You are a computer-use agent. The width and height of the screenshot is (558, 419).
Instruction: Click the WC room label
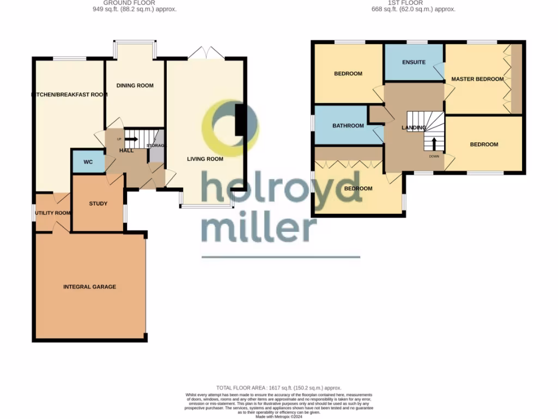click(88, 162)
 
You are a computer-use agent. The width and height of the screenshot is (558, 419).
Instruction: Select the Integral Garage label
click(90, 286)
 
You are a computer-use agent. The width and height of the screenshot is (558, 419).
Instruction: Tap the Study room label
click(98, 203)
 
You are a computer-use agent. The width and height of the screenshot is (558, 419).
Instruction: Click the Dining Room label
click(135, 85)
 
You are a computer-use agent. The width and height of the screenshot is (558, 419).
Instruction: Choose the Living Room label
click(205, 159)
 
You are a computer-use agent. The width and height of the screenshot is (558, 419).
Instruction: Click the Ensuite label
click(414, 62)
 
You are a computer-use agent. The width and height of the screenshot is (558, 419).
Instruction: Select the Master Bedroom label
click(477, 79)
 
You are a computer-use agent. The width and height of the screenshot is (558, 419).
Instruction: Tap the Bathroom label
click(348, 125)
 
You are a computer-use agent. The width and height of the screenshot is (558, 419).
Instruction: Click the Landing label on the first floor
click(414, 128)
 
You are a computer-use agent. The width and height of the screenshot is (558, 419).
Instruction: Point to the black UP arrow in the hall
click(131, 139)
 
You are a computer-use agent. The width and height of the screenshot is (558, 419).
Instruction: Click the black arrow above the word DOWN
click(434, 143)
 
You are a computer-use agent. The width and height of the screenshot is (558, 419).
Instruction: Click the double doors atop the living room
click(206, 53)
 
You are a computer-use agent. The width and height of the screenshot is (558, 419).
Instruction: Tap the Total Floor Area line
click(278, 387)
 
